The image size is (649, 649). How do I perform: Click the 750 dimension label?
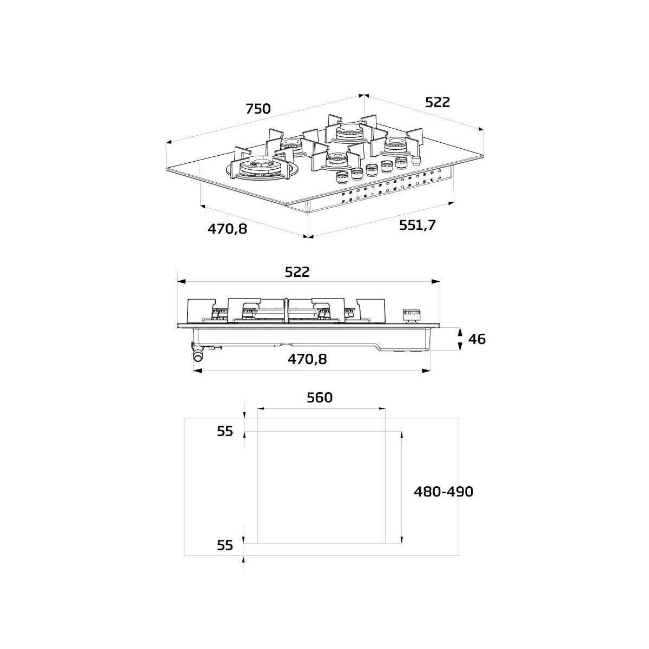coord(258,109)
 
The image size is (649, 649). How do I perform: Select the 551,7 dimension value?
coord(418,225)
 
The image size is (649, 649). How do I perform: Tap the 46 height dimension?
coord(477,339)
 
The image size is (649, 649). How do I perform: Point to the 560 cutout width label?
coord(320,398)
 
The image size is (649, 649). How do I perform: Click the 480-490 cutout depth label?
coord(443,492)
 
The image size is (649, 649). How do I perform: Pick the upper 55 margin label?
coord(225,431)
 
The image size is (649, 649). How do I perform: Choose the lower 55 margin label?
coord(225,545)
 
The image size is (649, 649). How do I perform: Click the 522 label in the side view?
coord(297,272)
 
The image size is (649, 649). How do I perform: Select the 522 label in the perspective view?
coord(438,102)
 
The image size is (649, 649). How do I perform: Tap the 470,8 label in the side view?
coord(307,359)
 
